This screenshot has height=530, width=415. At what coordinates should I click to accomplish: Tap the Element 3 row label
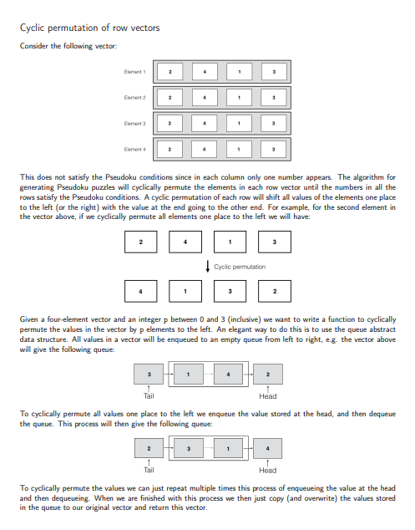click(x=134, y=125)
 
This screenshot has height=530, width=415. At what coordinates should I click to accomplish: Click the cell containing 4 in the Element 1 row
click(x=205, y=73)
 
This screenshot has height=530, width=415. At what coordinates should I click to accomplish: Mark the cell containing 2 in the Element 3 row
click(x=170, y=125)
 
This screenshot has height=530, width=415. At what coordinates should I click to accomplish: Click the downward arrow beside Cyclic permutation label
click(x=206, y=267)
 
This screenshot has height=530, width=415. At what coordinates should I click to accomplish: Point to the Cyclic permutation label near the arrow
click(x=240, y=267)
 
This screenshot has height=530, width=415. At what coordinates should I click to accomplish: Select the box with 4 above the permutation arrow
click(x=185, y=242)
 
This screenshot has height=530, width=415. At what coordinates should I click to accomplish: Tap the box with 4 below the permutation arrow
click(x=140, y=292)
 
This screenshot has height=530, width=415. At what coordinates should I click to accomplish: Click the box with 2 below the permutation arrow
click(x=275, y=292)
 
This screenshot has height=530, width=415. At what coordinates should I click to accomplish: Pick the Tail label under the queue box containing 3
click(x=149, y=395)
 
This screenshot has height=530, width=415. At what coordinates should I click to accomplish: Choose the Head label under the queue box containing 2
click(x=267, y=395)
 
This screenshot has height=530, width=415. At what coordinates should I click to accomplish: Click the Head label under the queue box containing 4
click(x=267, y=471)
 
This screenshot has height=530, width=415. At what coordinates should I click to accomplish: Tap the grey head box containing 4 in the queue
click(x=267, y=449)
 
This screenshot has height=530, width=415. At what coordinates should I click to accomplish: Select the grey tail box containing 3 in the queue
click(x=149, y=374)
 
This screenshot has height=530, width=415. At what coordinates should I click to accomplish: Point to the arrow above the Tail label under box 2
click(x=149, y=462)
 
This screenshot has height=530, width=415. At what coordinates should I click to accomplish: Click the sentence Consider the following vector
click(x=68, y=45)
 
